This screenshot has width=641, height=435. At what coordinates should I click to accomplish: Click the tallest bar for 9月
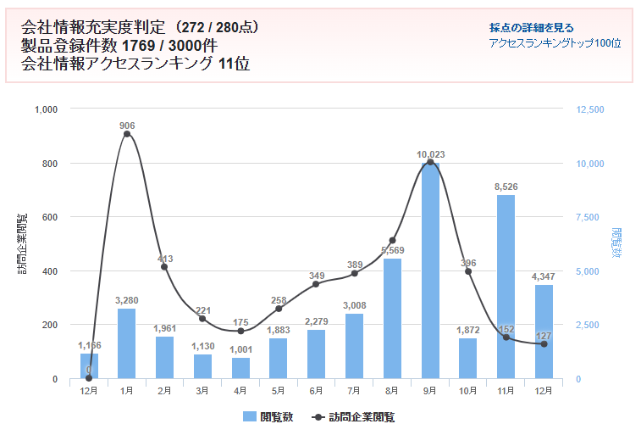pyautogui.click(x=430, y=271)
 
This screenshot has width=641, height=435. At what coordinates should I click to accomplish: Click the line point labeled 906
pyautogui.click(x=127, y=134)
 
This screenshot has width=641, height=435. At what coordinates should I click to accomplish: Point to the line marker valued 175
pyautogui.click(x=240, y=331)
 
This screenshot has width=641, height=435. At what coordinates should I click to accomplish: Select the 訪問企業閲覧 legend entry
pyautogui.click(x=354, y=416)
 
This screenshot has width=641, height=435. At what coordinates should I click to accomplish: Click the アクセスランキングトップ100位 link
pyautogui.click(x=555, y=42)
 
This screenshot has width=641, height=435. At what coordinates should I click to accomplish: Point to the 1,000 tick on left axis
pyautogui.click(x=45, y=109)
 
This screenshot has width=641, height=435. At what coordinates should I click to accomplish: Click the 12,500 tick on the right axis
pyautogui.click(x=590, y=109)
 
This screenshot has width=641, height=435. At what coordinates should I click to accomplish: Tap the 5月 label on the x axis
pyautogui.click(x=279, y=391)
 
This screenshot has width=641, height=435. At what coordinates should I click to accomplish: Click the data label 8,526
pyautogui.click(x=506, y=187)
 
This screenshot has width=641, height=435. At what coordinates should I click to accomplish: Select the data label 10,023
pyautogui.click(x=430, y=154)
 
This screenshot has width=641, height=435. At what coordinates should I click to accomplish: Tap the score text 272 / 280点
pyautogui.click(x=222, y=27)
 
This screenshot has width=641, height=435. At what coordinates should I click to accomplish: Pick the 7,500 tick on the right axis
pyautogui.click(x=590, y=217)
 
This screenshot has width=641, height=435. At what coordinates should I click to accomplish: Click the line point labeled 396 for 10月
pyautogui.click(x=468, y=271)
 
